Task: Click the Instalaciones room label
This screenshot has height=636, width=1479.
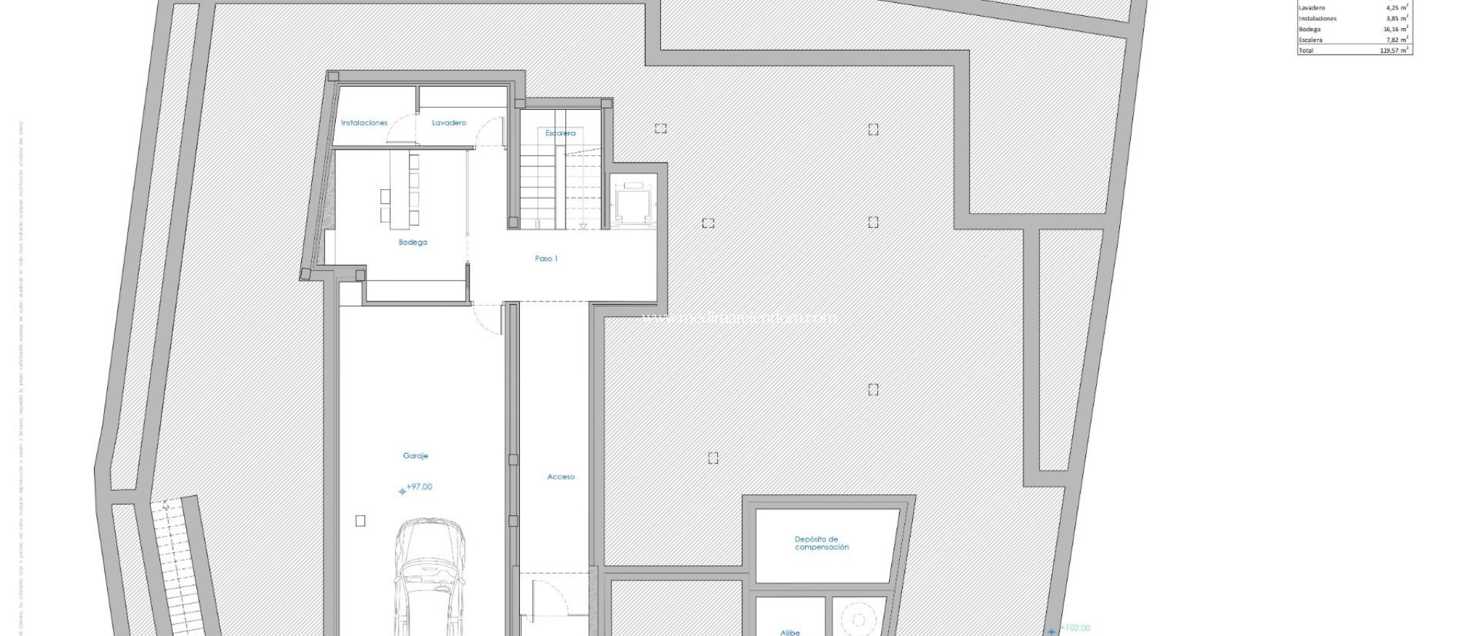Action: click(364, 123)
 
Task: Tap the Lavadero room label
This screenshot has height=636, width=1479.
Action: click(449, 123)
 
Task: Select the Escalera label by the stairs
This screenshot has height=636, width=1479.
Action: click(560, 133)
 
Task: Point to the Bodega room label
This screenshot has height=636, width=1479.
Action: click(412, 242)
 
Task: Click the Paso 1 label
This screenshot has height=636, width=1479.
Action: click(546, 258)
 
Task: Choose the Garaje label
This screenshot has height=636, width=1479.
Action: click(415, 455)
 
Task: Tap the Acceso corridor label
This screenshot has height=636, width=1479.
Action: click(560, 476)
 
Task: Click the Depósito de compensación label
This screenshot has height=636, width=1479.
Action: click(821, 543)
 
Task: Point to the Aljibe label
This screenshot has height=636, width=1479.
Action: click(790, 632)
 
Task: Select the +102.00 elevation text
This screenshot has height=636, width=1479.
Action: click(1075, 628)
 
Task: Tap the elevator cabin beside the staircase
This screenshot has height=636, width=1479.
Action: click(633, 202)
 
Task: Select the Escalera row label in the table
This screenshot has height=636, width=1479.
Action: click(1311, 40)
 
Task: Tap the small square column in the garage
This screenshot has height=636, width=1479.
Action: click(360, 520)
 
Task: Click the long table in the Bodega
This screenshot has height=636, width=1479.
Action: click(399, 187)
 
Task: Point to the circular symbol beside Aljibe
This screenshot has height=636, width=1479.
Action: click(858, 619)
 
